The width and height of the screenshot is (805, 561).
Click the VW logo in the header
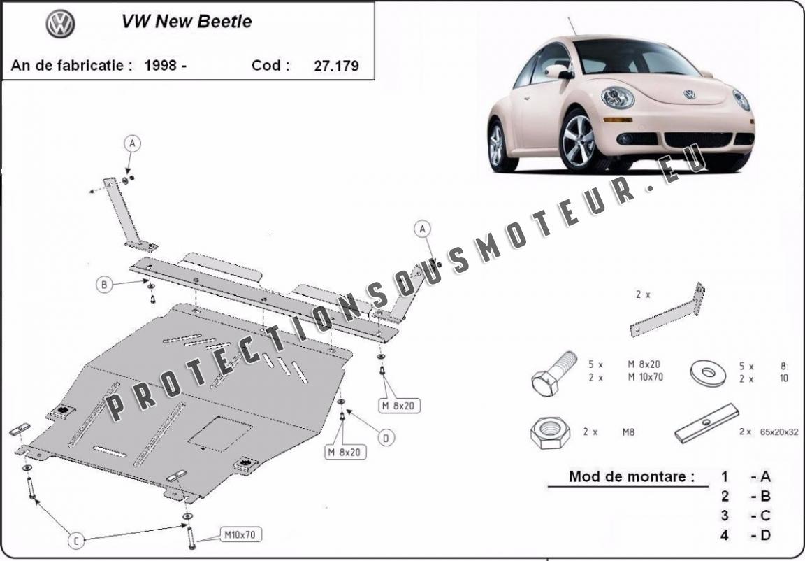pyautogui.click(x=61, y=24)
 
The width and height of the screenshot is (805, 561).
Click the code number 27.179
pyautogui.click(x=336, y=66)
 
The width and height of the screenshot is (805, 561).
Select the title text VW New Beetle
pyautogui.click(x=187, y=22)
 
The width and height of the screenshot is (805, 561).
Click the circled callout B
pyautogui.click(x=104, y=285)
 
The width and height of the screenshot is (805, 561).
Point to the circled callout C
pyautogui.click(x=76, y=541)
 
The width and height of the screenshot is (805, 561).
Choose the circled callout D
pyautogui.click(x=386, y=438)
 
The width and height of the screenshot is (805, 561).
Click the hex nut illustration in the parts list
pyautogui.click(x=550, y=432)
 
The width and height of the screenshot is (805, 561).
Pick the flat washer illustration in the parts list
pyautogui.click(x=708, y=372)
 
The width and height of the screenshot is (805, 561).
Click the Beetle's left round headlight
pyautogui.click(x=618, y=97)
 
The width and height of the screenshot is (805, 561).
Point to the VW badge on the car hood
pyautogui.click(x=689, y=94)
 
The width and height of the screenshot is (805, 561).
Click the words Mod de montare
pyautogui.click(x=632, y=476)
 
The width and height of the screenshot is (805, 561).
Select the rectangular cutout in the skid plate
pyautogui.click(x=219, y=434)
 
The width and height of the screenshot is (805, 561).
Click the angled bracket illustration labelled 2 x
pyautogui.click(x=667, y=310)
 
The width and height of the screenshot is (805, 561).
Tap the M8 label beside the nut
pyautogui.click(x=628, y=432)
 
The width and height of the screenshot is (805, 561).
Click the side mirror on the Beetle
pyautogui.click(x=558, y=71)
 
